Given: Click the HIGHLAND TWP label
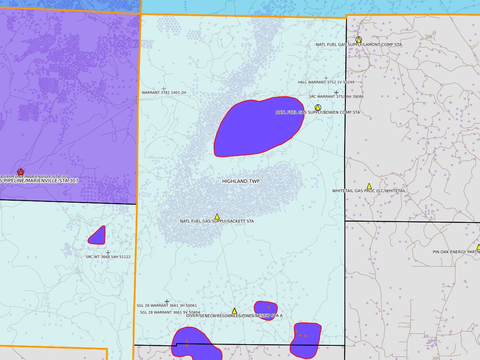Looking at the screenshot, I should click(241, 181).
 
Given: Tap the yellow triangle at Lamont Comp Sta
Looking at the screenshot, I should click(359, 40).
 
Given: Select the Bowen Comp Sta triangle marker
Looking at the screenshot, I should click(318, 107).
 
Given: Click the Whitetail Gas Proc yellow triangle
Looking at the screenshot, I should click(369, 186).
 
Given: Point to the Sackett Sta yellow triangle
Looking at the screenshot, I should click(217, 217).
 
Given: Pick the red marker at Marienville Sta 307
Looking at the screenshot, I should click(21, 172).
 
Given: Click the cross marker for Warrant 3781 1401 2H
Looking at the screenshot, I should click(164, 89).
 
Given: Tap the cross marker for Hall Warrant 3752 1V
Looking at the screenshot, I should click(326, 78).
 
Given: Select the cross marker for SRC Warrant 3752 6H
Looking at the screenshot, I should click(336, 92).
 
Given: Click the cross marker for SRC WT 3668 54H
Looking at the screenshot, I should click(108, 253).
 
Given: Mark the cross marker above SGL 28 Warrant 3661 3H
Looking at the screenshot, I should click(167, 302).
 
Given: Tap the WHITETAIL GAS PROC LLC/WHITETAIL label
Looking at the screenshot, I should click(369, 191).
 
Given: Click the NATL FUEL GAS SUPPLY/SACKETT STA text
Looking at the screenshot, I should click(217, 221).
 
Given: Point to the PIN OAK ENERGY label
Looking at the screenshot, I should click(456, 252).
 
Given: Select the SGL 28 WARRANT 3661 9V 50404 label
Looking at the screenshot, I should click(170, 313).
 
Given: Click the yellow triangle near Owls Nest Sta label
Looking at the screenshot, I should click(234, 311).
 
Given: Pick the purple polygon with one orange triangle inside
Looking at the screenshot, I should click(265, 310).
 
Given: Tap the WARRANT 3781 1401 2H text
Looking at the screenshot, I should click(164, 92).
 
